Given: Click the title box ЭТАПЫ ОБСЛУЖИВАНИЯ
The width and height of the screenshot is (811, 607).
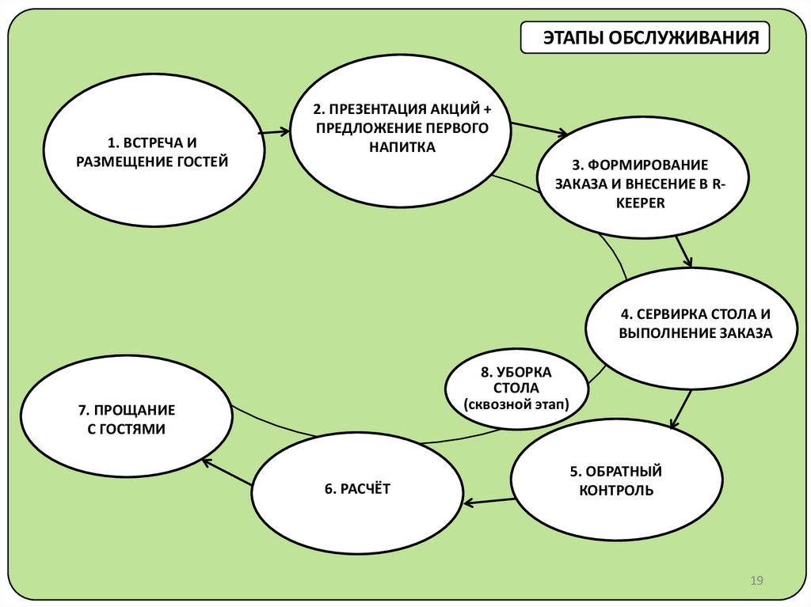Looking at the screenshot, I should click(x=645, y=38).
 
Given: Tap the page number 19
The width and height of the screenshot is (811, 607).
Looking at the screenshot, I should click(x=756, y=582).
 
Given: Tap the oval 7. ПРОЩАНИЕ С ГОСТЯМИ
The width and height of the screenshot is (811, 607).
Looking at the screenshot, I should click(x=127, y=419).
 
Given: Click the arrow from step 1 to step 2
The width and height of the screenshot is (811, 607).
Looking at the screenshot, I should click(x=274, y=132).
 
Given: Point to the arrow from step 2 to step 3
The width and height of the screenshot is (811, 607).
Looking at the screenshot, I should click(x=539, y=129).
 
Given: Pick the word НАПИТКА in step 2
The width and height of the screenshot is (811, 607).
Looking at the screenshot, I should click(x=401, y=147).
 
